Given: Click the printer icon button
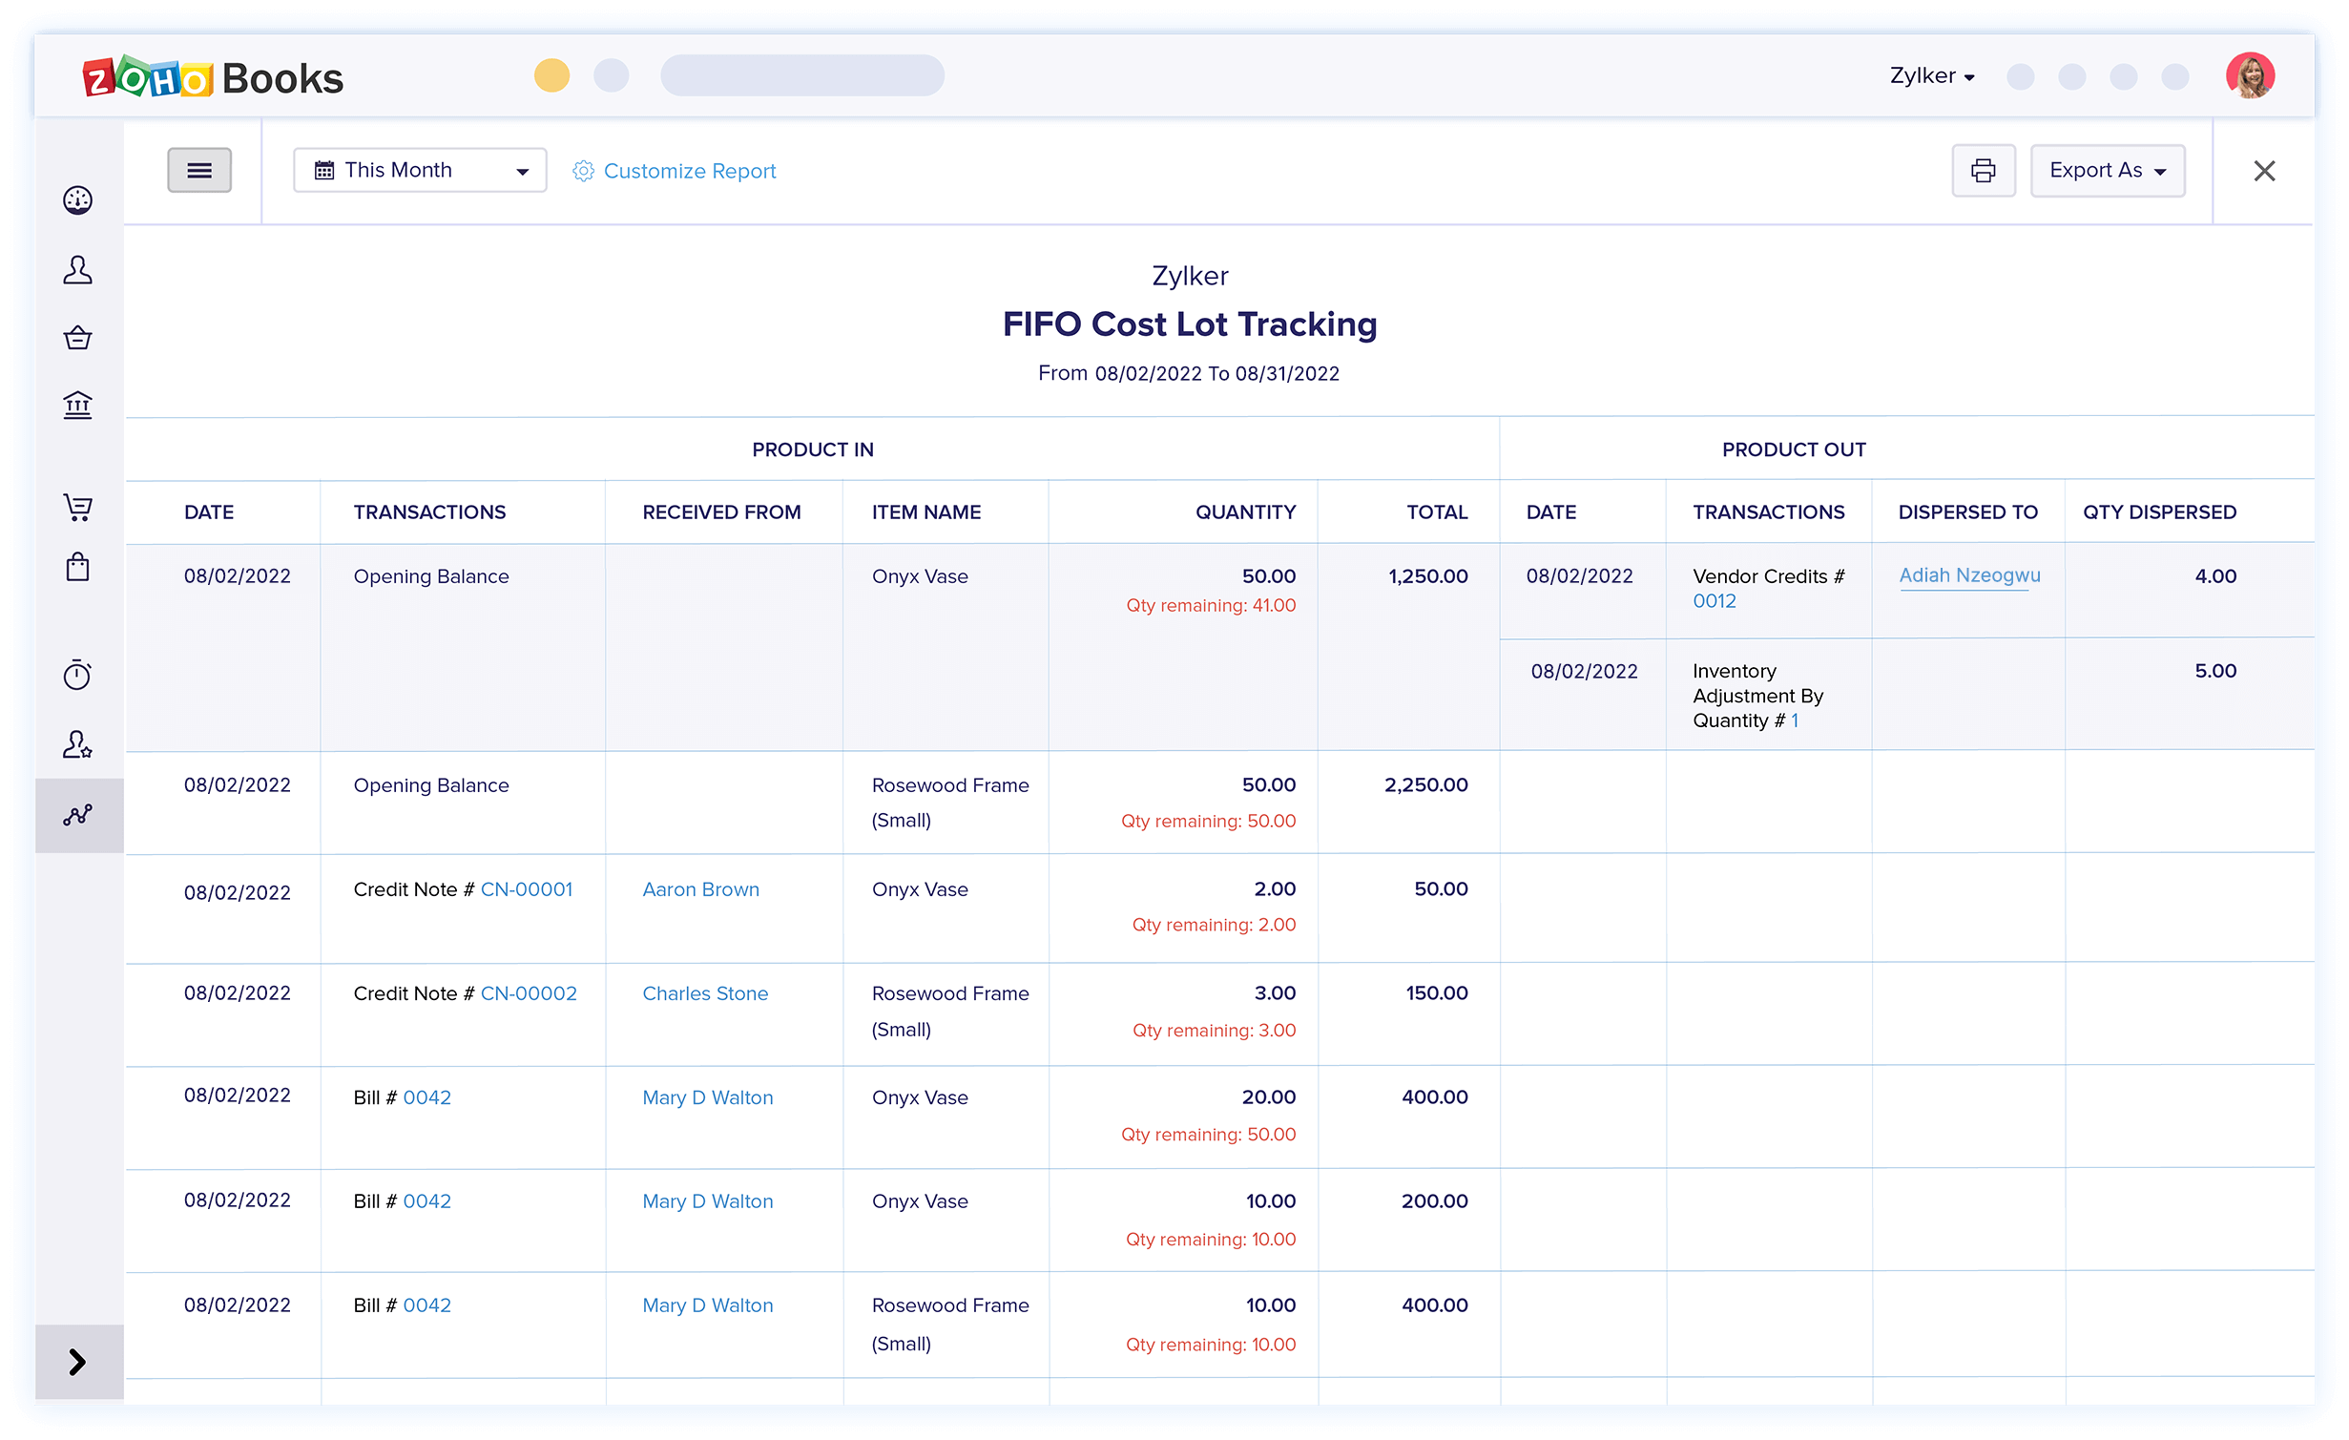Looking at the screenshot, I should pyautogui.click(x=1983, y=171).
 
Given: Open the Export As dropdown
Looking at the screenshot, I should pyautogui.click(x=2107, y=171).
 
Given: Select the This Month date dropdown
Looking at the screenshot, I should pyautogui.click(x=420, y=171).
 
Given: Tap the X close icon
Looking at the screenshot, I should pyautogui.click(x=2264, y=171).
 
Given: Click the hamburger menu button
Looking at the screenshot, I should pyautogui.click(x=199, y=170).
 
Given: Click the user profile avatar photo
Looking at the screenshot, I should pyautogui.click(x=2250, y=75).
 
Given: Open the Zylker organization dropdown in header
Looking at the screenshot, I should pyautogui.click(x=1931, y=76).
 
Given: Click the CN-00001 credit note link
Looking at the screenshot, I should pyautogui.click(x=527, y=889).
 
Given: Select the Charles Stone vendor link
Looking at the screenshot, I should pyautogui.click(x=705, y=993).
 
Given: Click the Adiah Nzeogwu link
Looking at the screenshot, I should pyautogui.click(x=1969, y=575).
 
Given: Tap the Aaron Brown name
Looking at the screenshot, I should pyautogui.click(x=700, y=889).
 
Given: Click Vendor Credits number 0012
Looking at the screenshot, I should pyautogui.click(x=1714, y=601).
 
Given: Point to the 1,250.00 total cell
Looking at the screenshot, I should pyautogui.click(x=1427, y=576).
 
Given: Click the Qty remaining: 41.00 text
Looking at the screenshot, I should pyautogui.click(x=1210, y=606).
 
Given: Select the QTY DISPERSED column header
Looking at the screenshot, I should pyautogui.click(x=2159, y=512).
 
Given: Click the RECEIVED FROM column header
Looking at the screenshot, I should pyautogui.click(x=721, y=512).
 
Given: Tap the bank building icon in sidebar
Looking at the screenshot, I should pyautogui.click(x=77, y=406).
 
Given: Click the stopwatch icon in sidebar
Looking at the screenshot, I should pyautogui.click(x=77, y=675).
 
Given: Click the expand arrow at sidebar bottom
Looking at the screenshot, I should pyautogui.click(x=78, y=1362).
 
